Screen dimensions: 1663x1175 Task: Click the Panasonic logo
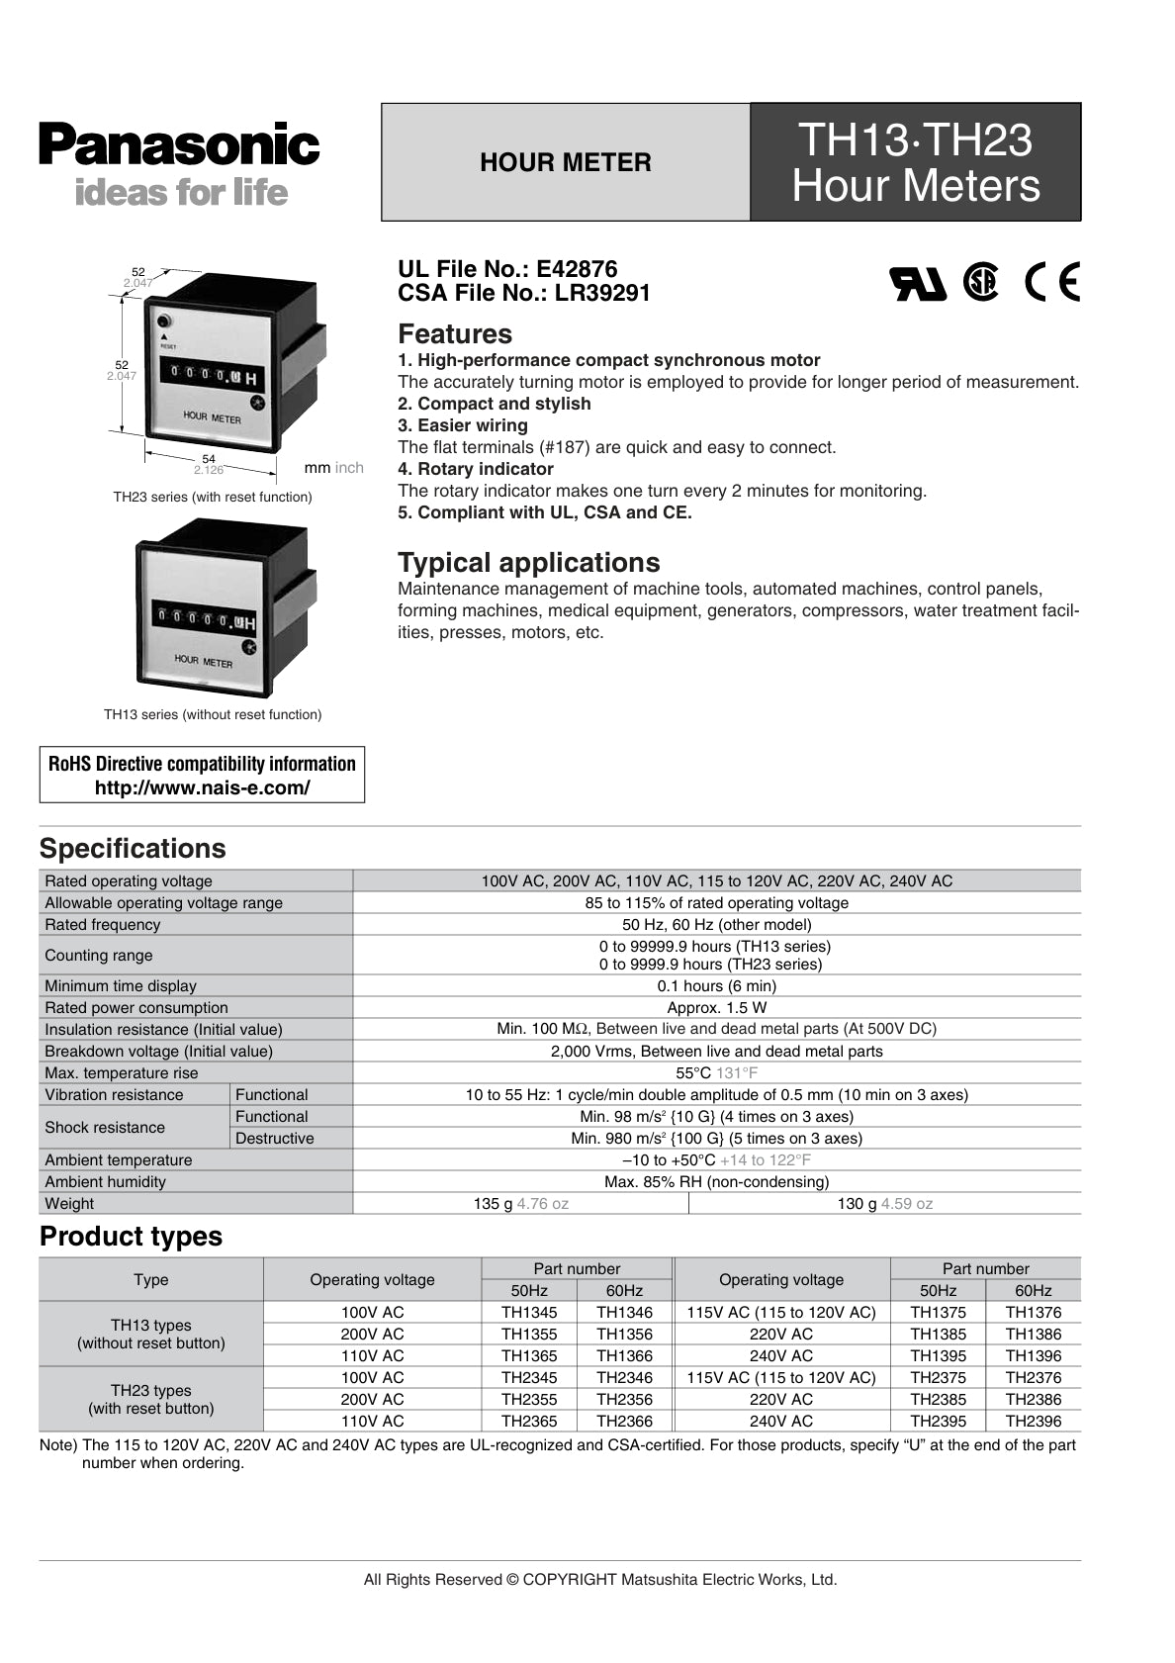click(179, 144)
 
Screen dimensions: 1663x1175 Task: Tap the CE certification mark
click(1051, 283)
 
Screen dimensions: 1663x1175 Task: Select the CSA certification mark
click(980, 282)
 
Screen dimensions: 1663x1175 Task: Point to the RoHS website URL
click(202, 788)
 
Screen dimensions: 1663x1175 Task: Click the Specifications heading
click(133, 849)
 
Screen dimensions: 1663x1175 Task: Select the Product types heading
click(131, 1237)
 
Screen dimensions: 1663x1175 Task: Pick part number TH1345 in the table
click(529, 1313)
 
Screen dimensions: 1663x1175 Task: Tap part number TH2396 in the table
click(1034, 1422)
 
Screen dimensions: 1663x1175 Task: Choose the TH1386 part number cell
click(1034, 1335)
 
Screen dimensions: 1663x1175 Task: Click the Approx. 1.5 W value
click(716, 1008)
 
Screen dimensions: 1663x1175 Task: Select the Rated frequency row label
click(103, 925)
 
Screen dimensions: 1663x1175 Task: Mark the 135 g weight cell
click(520, 1204)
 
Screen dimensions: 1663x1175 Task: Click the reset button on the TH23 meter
click(165, 322)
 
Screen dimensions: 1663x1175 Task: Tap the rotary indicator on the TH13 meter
click(249, 647)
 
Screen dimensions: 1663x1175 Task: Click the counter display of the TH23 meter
click(213, 376)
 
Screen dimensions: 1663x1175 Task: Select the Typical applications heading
click(528, 563)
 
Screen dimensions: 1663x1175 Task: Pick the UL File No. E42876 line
click(507, 269)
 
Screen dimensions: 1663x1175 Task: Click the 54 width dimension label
click(209, 459)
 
